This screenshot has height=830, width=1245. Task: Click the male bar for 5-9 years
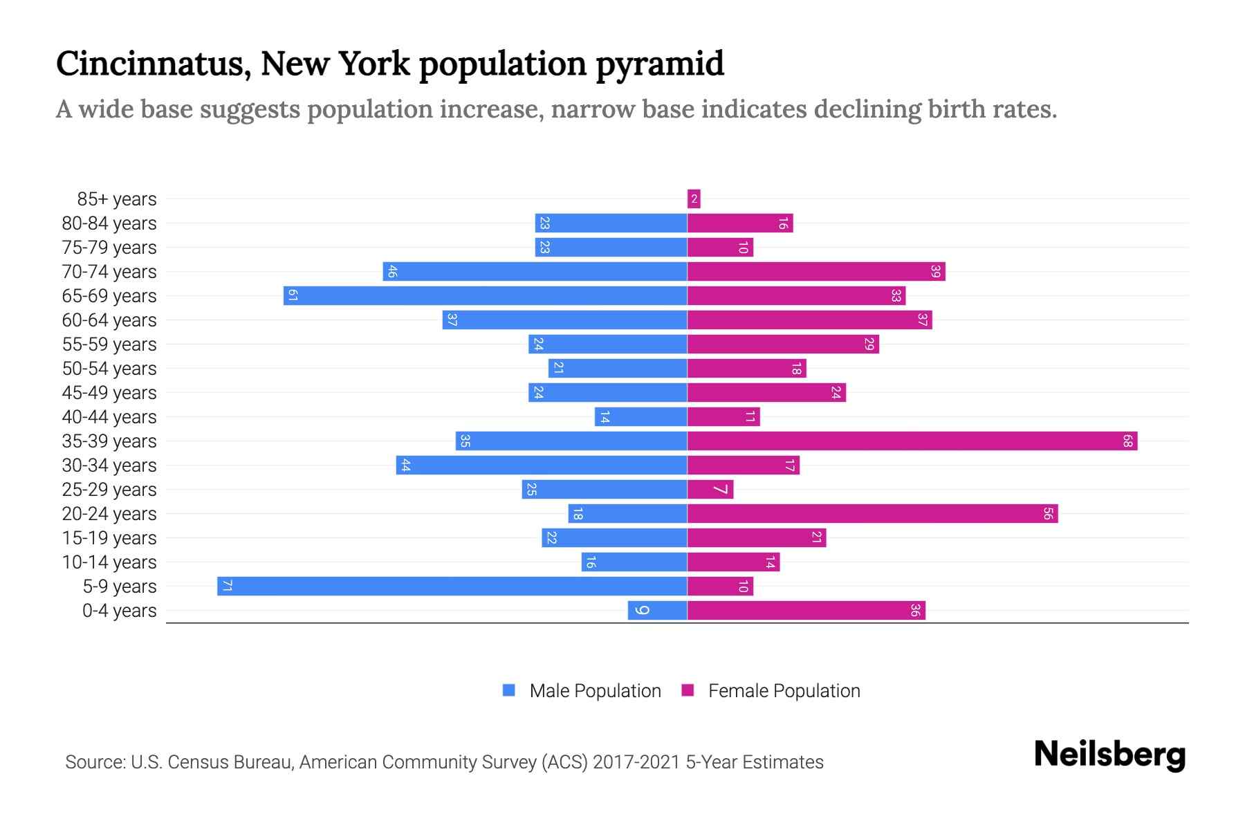coord(452,586)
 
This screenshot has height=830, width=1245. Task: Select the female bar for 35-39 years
coord(912,441)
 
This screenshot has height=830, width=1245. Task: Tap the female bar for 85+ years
coord(694,199)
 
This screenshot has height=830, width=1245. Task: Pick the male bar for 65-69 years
coord(485,295)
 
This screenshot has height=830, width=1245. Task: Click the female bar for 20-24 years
coord(872,513)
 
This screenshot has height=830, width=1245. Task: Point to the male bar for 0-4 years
coord(657,610)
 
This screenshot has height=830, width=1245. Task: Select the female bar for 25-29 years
coord(710,489)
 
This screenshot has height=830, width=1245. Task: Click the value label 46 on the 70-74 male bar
coord(392,271)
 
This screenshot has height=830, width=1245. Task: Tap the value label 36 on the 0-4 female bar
coord(915,610)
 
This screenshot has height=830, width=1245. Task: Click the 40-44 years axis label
coord(109,416)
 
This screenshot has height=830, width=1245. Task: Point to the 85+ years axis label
coord(117,199)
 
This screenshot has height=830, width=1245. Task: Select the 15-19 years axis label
coord(109,537)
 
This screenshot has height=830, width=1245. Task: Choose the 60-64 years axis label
coord(109,320)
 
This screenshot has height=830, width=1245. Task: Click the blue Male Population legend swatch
coord(509,690)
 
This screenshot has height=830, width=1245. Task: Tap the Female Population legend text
coord(784,690)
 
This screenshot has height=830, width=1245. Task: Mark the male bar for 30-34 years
coord(541,465)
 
